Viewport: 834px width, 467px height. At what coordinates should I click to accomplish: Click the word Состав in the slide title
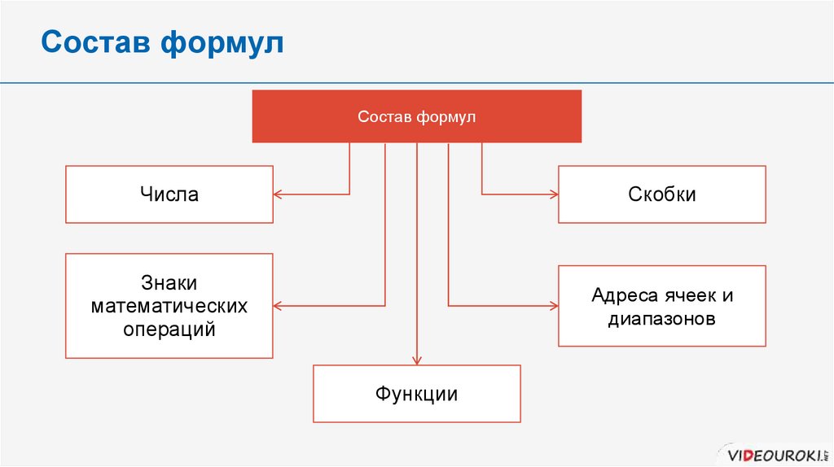[94, 42]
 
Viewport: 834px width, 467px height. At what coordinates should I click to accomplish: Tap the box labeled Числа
[169, 194]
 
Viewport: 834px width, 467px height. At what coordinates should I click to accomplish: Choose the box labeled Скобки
[661, 194]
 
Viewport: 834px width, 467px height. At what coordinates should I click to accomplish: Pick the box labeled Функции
[416, 395]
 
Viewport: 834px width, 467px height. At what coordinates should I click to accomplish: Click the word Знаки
[169, 283]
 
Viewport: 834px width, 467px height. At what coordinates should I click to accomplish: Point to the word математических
[169, 307]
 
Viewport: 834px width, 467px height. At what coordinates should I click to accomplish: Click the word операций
[169, 330]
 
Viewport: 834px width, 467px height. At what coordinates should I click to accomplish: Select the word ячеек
[689, 295]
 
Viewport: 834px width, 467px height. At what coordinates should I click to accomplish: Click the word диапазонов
[661, 318]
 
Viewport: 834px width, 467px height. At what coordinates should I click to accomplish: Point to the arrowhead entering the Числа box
[278, 194]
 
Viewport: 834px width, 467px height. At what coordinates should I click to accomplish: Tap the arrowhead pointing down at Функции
[417, 360]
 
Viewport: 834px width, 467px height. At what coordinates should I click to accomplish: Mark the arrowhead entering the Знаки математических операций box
[278, 306]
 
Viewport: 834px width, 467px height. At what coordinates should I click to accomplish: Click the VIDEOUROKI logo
[774, 452]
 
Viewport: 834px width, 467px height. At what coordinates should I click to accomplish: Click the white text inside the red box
[416, 116]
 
